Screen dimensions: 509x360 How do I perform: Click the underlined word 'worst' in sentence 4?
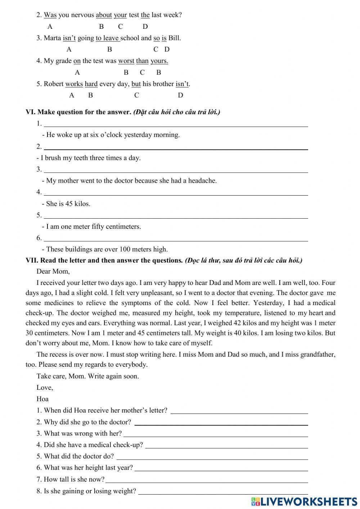click(x=126, y=61)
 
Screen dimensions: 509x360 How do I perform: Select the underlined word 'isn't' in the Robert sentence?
click(x=182, y=84)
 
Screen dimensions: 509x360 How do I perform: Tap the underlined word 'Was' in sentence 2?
click(x=50, y=15)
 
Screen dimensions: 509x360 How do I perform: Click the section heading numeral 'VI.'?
click(x=30, y=112)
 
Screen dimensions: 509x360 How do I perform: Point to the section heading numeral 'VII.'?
click(x=32, y=260)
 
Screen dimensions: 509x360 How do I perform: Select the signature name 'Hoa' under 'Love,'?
click(x=42, y=399)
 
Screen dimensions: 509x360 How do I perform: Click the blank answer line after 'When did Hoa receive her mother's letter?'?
click(x=239, y=411)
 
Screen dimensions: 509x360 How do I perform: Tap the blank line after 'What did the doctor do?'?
click(x=212, y=457)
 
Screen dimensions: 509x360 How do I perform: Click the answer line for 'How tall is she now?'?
click(x=207, y=480)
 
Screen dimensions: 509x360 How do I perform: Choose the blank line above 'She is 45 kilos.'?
click(x=175, y=193)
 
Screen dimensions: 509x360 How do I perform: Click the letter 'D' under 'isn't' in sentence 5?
click(x=180, y=95)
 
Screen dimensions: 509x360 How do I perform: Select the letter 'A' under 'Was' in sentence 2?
click(x=50, y=27)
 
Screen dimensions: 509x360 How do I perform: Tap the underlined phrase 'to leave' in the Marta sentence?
click(x=107, y=38)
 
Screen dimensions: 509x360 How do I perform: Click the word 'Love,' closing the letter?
click(x=45, y=388)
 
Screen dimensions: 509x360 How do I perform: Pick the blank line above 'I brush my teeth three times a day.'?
click(x=175, y=148)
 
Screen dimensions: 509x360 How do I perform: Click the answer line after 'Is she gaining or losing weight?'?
click(x=223, y=492)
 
